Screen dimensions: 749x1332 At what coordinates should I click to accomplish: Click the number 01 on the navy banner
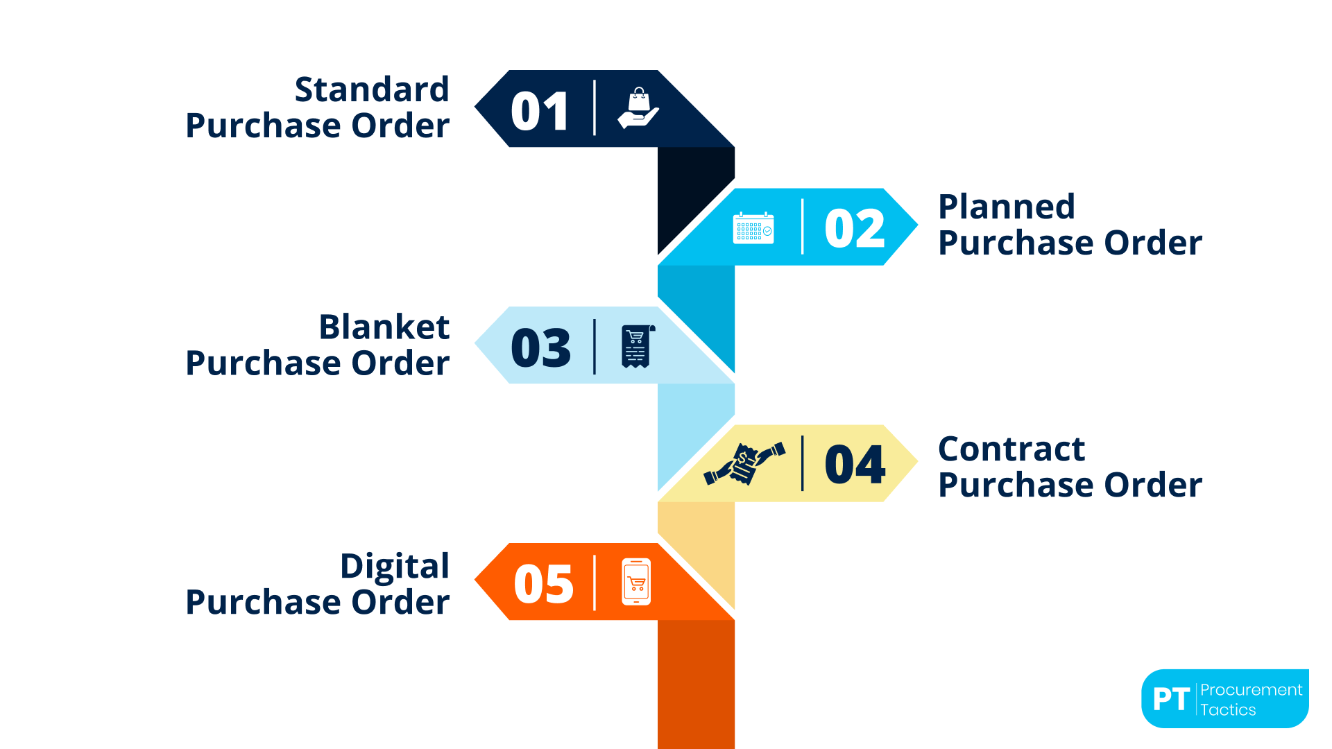(540, 111)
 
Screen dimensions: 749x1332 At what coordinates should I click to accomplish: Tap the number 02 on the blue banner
(855, 228)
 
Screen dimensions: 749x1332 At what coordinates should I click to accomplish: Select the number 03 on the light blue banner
(540, 347)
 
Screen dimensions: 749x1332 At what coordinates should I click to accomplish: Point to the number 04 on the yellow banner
(855, 465)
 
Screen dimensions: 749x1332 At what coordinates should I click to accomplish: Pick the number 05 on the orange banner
(543, 584)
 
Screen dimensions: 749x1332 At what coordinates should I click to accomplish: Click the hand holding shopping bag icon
(638, 108)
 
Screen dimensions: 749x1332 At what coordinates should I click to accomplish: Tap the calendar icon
(753, 228)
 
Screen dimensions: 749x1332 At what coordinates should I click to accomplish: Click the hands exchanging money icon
(744, 463)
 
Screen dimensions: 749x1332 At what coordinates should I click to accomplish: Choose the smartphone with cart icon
(636, 582)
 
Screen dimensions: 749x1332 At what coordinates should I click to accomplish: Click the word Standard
(372, 89)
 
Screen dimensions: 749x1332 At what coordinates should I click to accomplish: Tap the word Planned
(1006, 207)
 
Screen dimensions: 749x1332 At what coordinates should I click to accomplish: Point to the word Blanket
(384, 327)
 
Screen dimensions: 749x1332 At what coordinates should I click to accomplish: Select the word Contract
(1011, 449)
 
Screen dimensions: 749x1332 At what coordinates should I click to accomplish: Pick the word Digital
(394, 566)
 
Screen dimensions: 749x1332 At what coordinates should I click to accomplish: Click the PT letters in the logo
(1171, 699)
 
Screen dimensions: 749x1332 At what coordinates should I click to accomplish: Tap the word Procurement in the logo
(1251, 690)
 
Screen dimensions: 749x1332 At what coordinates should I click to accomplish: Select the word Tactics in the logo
(1228, 710)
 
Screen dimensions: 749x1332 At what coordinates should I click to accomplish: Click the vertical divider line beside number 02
(803, 227)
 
